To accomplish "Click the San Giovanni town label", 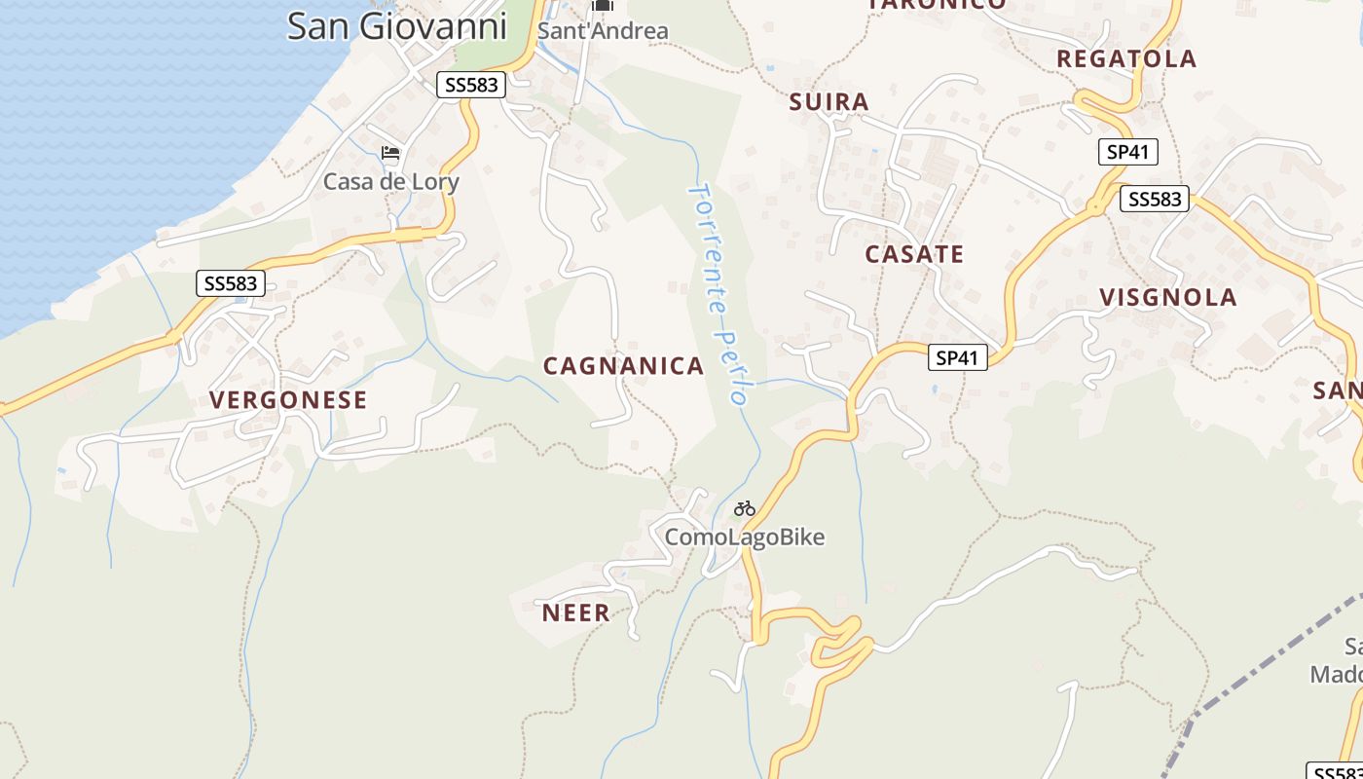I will (x=397, y=26).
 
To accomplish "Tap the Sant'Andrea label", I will (x=603, y=31).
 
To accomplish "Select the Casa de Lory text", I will (x=390, y=182).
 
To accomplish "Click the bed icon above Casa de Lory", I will (x=390, y=153).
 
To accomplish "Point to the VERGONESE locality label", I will (x=288, y=400).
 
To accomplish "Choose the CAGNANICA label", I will (x=623, y=366).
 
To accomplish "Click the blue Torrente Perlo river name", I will (x=718, y=292).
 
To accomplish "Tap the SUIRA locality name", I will (x=829, y=102).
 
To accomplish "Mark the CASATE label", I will (x=914, y=255).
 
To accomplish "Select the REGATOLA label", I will (x=1126, y=59).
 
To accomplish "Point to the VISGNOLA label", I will (x=1168, y=298).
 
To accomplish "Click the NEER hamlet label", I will (x=575, y=613).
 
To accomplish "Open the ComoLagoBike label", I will (x=745, y=538).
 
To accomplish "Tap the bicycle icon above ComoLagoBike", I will (x=745, y=508).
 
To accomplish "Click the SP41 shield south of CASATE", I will (x=956, y=358).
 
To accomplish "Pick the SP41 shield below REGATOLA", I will (x=1127, y=152).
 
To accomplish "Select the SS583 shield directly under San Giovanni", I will (x=471, y=85).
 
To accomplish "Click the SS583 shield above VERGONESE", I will (x=231, y=283).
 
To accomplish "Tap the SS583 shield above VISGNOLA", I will (x=1155, y=200).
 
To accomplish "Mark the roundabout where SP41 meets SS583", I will (x=1096, y=207).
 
